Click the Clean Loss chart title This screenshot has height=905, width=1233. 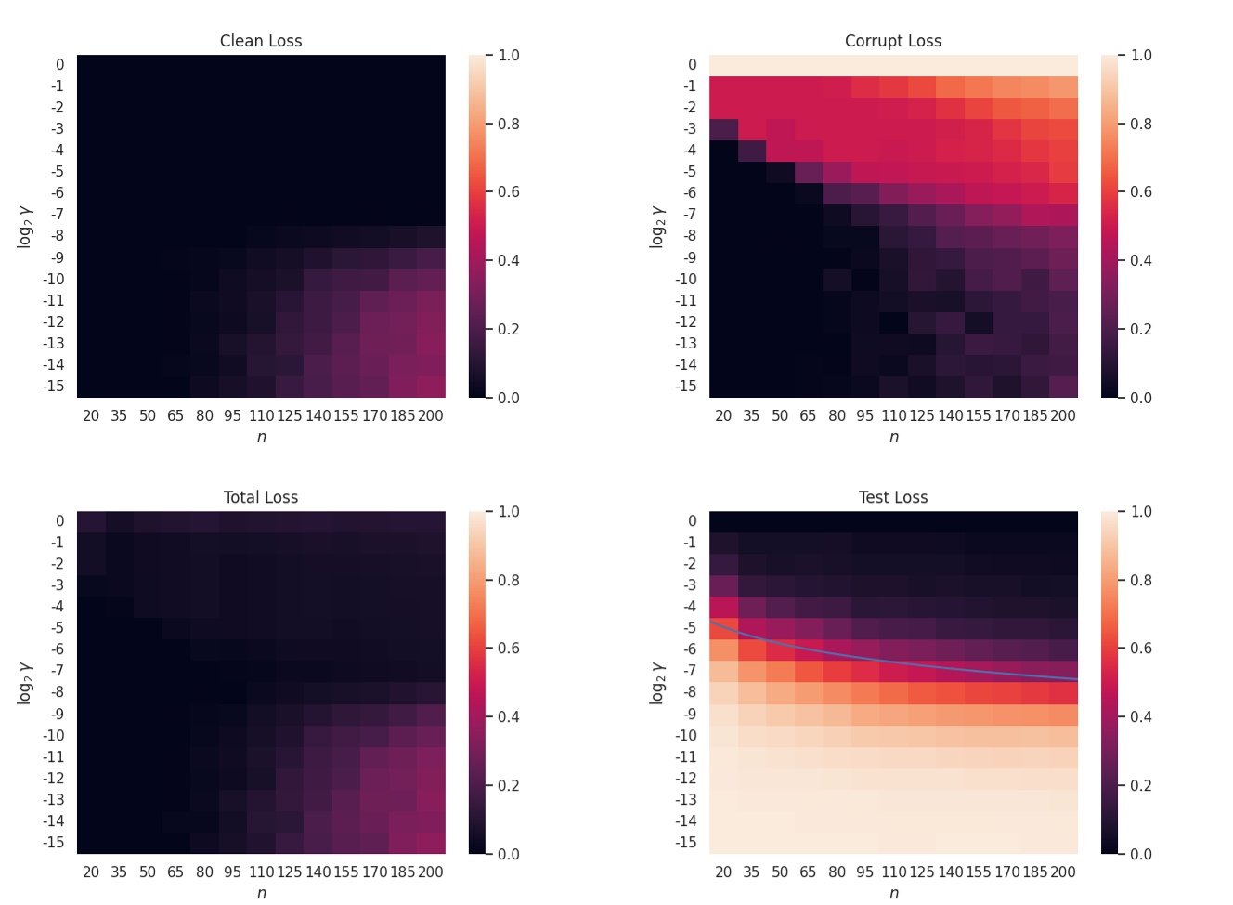261,41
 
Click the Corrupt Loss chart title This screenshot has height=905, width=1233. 893,41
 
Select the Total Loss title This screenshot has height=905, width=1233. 261,497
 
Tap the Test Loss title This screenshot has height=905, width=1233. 893,497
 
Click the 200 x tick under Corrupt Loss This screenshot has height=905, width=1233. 1063,415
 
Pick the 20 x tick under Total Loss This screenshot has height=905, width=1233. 91,872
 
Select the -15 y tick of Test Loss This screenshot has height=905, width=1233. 686,843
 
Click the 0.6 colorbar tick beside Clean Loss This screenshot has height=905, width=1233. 509,192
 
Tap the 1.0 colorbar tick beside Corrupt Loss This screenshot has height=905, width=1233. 1141,56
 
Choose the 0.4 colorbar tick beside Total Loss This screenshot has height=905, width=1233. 509,716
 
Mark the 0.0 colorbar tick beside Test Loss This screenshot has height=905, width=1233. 1141,854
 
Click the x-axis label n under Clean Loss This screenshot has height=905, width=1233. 262,437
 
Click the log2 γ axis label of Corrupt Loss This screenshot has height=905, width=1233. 657,227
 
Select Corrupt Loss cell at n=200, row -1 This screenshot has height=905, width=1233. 1064,86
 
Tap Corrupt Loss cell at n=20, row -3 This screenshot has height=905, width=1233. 724,129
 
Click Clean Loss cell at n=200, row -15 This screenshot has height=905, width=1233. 432,387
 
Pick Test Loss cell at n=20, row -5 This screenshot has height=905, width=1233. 724,628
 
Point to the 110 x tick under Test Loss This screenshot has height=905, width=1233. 894,872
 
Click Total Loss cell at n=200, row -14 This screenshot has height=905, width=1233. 432,821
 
